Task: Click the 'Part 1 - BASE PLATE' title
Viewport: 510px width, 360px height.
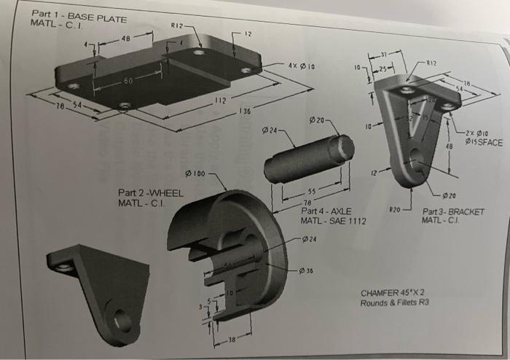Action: pyautogui.click(x=79, y=16)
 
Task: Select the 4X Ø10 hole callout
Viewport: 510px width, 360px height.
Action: pyautogui.click(x=302, y=66)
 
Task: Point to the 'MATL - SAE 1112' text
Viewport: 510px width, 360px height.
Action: pyautogui.click(x=333, y=220)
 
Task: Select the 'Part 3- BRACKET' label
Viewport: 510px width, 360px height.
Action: pyautogui.click(x=453, y=211)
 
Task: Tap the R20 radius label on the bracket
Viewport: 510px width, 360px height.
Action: pyautogui.click(x=397, y=209)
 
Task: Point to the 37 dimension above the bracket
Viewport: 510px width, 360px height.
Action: pyautogui.click(x=393, y=56)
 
